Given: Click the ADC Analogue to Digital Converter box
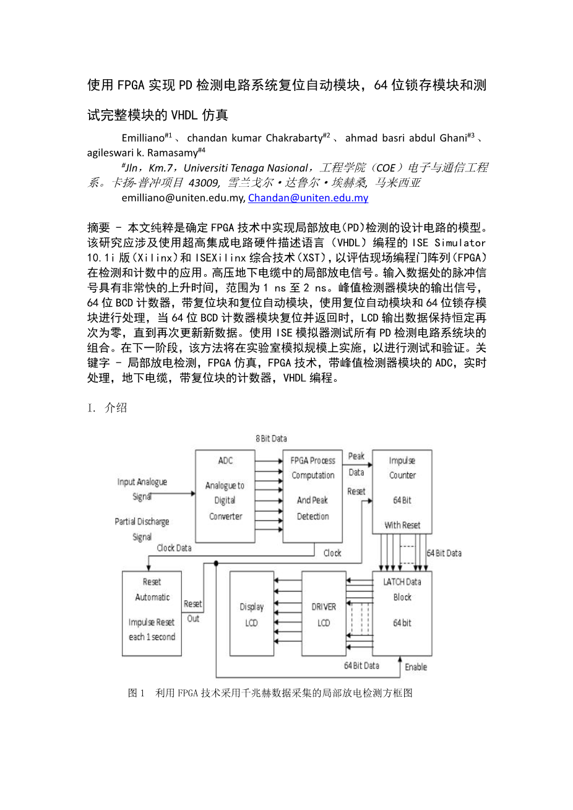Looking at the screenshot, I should [x=225, y=496].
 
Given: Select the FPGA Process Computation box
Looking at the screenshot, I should [x=312, y=496].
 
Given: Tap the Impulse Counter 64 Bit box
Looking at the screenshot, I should [x=402, y=491].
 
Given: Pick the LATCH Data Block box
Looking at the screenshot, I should [x=402, y=613].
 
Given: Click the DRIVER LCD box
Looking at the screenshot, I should [x=324, y=613].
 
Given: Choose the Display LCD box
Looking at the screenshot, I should [x=251, y=613].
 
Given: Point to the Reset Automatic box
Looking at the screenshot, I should [x=152, y=613].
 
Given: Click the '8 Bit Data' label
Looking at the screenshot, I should [x=272, y=439].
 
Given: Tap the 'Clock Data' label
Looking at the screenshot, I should [x=174, y=548].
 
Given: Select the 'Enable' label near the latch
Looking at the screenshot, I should [x=416, y=667].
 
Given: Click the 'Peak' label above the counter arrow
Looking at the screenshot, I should [x=356, y=457].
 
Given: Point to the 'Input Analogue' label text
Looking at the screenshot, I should [x=142, y=482].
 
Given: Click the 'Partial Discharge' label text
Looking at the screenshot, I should [x=142, y=522].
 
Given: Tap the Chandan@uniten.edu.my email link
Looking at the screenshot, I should [x=308, y=198].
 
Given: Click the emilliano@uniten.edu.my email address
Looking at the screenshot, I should [x=183, y=198].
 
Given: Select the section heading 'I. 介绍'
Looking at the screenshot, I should [x=107, y=407].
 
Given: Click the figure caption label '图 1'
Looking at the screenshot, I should [x=136, y=693].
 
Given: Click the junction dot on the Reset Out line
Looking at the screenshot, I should [x=216, y=564].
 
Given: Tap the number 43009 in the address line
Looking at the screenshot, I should [x=204, y=183].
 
